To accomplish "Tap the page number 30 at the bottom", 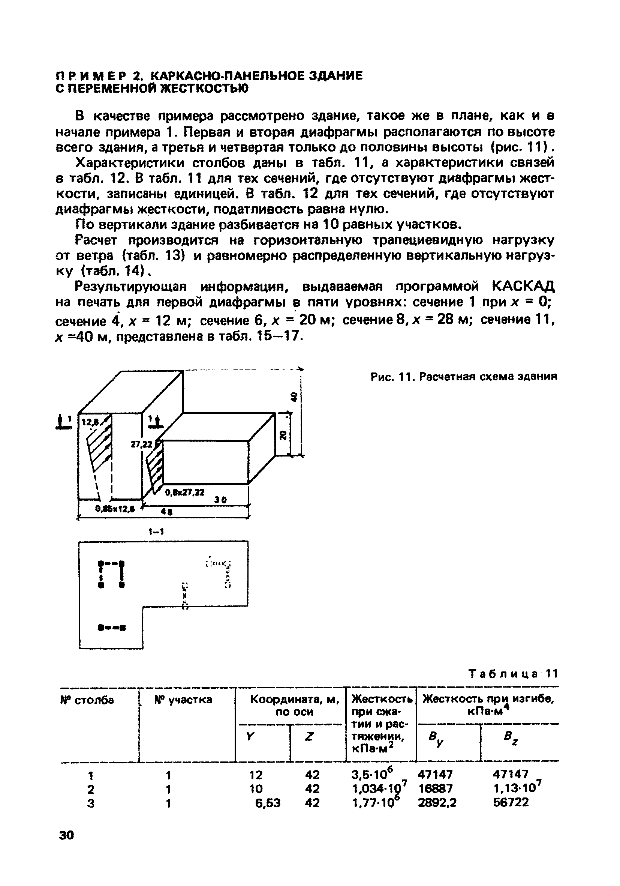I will pyautogui.click(x=66, y=835).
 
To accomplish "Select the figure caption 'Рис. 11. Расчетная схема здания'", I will pyautogui.click(x=464, y=377).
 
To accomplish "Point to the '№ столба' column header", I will pyautogui.click(x=87, y=700).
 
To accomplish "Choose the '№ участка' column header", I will pyautogui.click(x=183, y=700).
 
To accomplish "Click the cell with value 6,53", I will pyautogui.click(x=268, y=803).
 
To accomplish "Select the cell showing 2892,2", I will pyautogui.click(x=437, y=803).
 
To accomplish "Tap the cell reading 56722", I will pyautogui.click(x=511, y=803).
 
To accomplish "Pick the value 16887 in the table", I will pyautogui.click(x=435, y=788).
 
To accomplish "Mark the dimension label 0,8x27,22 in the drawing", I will pyautogui.click(x=185, y=493).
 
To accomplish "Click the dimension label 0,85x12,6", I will pyautogui.click(x=115, y=509).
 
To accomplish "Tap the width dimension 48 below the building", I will pyautogui.click(x=166, y=512).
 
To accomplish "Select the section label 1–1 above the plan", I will pyautogui.click(x=156, y=532).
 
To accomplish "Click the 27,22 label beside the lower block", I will pyautogui.click(x=141, y=445).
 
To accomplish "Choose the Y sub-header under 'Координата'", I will pyautogui.click(x=250, y=737).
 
